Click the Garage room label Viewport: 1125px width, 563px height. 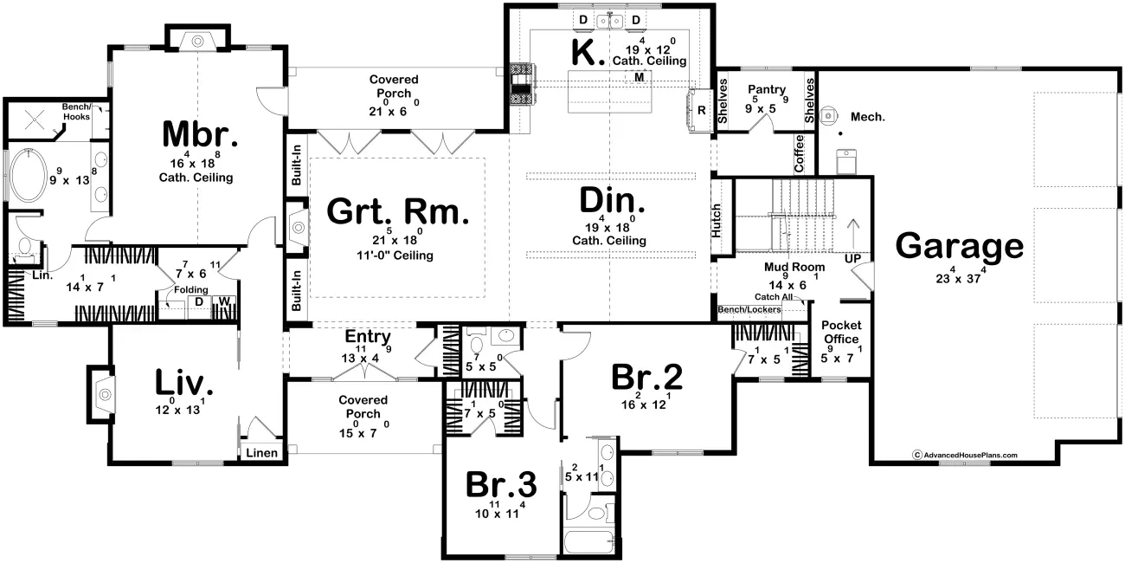click(x=959, y=247)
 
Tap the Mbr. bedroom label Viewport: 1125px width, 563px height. click(x=200, y=134)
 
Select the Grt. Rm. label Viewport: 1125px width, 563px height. click(x=398, y=211)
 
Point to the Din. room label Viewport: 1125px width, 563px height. click(x=612, y=200)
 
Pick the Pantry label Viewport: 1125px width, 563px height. click(x=767, y=89)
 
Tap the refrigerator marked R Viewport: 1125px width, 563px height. click(x=701, y=110)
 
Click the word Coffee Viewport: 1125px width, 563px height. click(x=799, y=153)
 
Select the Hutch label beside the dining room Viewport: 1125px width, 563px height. click(x=717, y=221)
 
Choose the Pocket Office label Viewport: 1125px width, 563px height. click(x=841, y=333)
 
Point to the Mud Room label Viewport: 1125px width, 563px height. click(x=794, y=267)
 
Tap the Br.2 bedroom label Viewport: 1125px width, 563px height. click(x=647, y=377)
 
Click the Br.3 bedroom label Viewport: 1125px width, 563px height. click(x=501, y=484)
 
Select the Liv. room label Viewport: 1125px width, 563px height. click(x=183, y=382)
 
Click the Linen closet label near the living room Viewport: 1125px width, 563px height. click(x=261, y=453)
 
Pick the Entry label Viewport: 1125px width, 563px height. click(x=368, y=337)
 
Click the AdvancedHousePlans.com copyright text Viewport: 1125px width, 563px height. click(x=965, y=455)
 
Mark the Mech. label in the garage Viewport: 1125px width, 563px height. click(x=867, y=117)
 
